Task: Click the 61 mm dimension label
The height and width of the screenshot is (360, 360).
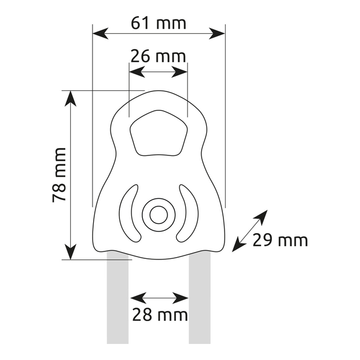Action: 158,23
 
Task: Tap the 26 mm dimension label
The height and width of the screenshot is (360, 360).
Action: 158,56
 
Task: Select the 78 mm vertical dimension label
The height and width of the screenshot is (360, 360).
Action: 59,175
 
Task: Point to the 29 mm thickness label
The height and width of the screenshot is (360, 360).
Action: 280,241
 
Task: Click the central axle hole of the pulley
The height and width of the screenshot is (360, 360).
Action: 159,215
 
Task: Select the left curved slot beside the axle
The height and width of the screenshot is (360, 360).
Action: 130,213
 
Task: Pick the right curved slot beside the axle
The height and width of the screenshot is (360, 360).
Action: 187,213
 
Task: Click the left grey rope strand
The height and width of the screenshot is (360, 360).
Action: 118,298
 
